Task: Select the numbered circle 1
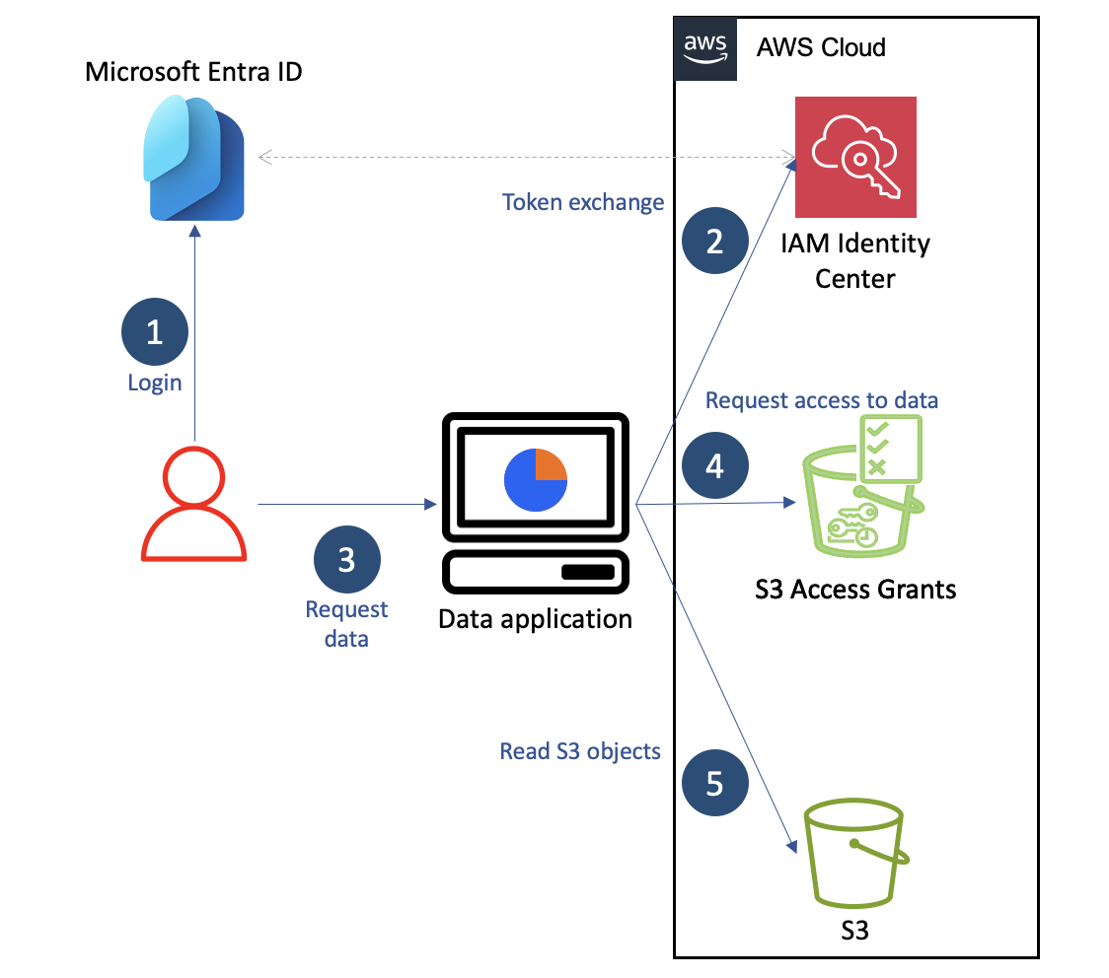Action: point(154,331)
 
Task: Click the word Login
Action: point(155,383)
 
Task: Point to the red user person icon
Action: point(193,504)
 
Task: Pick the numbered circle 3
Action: point(346,560)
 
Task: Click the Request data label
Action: point(346,623)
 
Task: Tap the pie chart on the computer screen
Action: point(536,479)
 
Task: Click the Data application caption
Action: point(535,619)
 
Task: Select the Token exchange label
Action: point(583,202)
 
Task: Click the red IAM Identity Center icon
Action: point(855,157)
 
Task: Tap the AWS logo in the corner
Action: point(704,47)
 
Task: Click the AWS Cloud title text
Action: point(821,47)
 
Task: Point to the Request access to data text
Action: point(822,399)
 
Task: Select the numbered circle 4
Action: point(714,464)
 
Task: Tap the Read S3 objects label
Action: point(580,751)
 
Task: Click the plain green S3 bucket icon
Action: point(854,853)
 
